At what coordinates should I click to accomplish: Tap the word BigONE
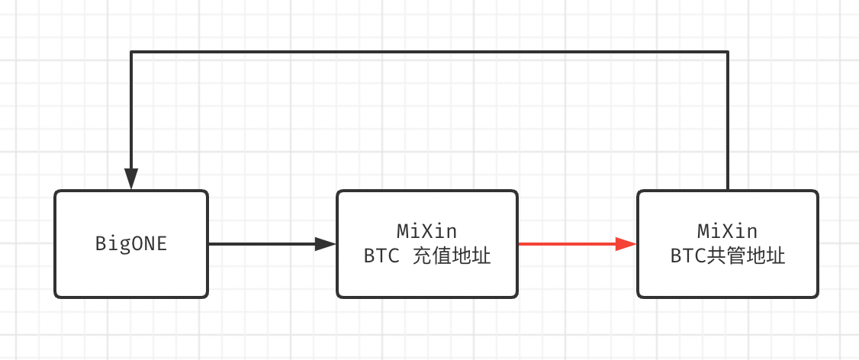131,244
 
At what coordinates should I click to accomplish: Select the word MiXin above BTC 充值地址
426,230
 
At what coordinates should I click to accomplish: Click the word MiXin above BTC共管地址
727,230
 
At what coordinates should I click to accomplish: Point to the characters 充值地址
451,256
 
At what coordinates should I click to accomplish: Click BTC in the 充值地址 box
381,256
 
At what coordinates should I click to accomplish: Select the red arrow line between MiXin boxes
565,244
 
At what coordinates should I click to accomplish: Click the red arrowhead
627,244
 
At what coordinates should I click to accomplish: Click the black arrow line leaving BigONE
259,244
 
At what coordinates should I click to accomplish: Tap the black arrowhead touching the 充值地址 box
326,244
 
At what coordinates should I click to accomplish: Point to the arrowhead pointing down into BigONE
131,179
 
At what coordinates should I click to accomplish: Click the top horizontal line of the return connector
427,52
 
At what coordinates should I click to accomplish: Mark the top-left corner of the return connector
131,52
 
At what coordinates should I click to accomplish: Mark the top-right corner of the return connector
728,52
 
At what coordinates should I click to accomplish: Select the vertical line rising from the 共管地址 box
728,122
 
